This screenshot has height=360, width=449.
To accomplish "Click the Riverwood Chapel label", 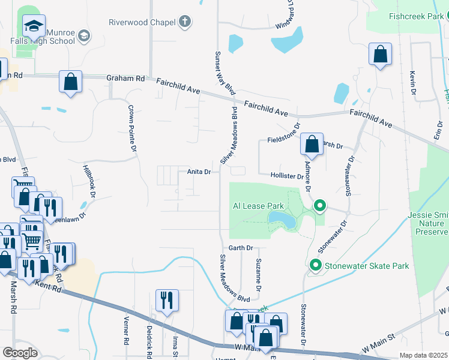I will click(x=142, y=23).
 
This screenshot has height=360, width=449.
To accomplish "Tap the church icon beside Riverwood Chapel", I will click(x=185, y=23).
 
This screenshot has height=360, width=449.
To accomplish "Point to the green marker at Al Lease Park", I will click(x=320, y=207).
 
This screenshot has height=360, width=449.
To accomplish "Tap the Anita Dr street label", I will click(x=199, y=172).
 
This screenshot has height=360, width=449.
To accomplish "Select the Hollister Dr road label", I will click(x=288, y=176).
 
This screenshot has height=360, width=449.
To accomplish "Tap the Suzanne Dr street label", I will click(x=258, y=275).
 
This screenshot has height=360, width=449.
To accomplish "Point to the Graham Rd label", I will click(x=125, y=79).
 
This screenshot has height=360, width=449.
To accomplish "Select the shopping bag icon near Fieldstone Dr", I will click(x=312, y=144).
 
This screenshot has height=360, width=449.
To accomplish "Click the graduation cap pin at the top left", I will click(x=34, y=26).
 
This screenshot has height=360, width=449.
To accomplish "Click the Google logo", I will click(x=20, y=353).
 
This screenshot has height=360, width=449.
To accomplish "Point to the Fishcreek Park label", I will click(x=415, y=17).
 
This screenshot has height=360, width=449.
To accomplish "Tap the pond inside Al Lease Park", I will click(x=282, y=219).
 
